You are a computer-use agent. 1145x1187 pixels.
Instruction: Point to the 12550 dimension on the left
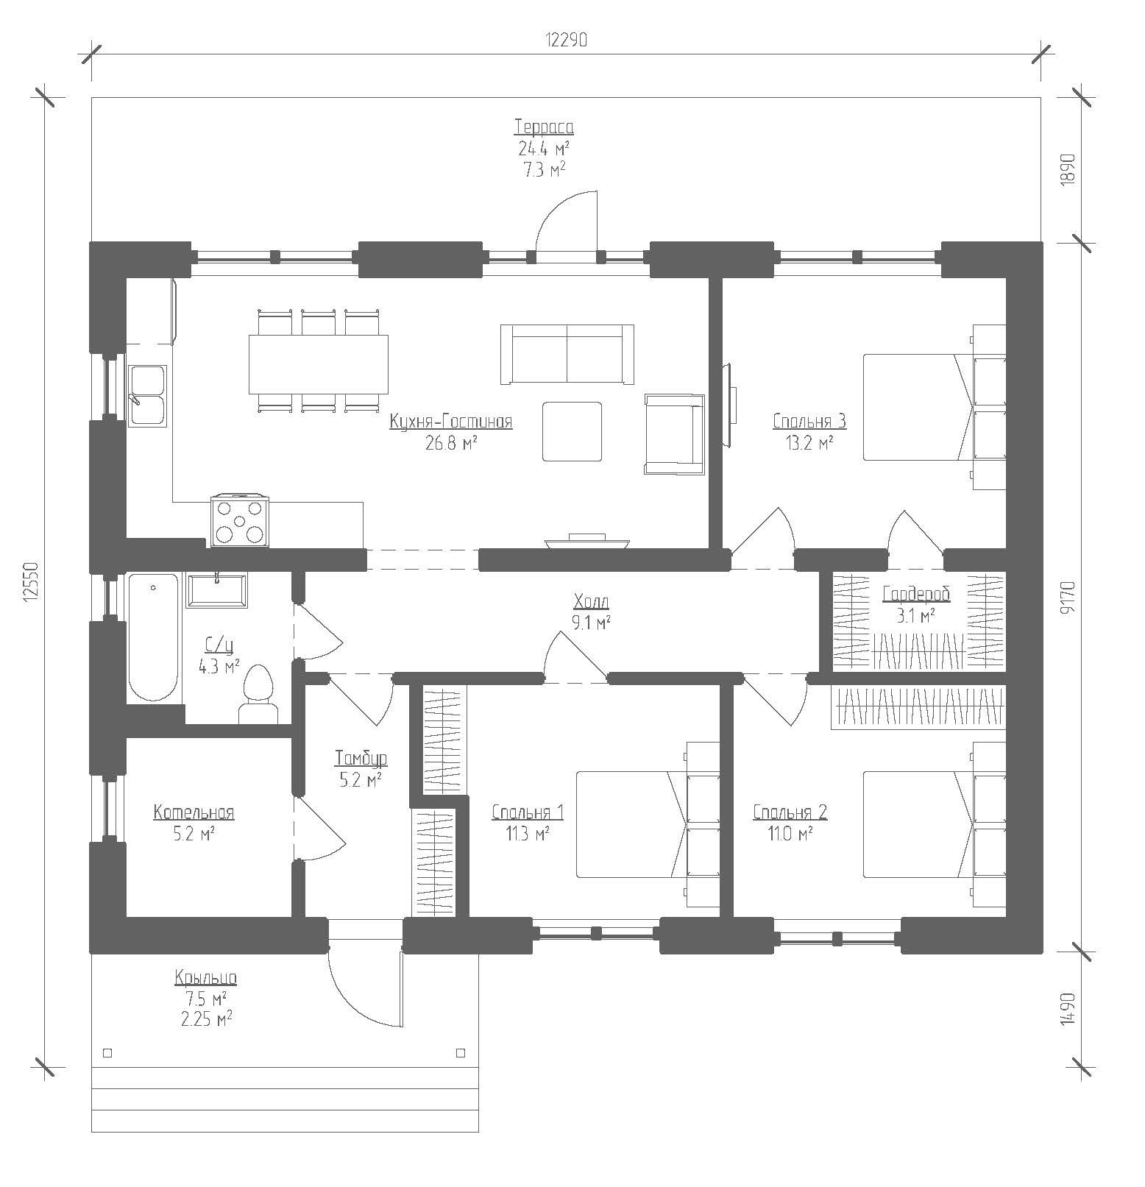(x=29, y=583)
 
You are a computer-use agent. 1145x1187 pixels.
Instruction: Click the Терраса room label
(x=544, y=127)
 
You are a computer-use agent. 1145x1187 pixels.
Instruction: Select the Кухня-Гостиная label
(x=450, y=422)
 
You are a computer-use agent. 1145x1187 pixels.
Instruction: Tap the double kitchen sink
(x=149, y=396)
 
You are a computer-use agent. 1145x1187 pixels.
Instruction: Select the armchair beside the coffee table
(x=674, y=433)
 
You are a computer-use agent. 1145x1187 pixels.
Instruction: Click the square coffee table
(x=572, y=431)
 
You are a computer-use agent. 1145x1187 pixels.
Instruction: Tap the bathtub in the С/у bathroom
(x=154, y=637)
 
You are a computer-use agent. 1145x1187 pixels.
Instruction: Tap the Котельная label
(x=194, y=812)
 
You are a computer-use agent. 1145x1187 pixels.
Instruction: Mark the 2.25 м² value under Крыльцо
(x=205, y=1018)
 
